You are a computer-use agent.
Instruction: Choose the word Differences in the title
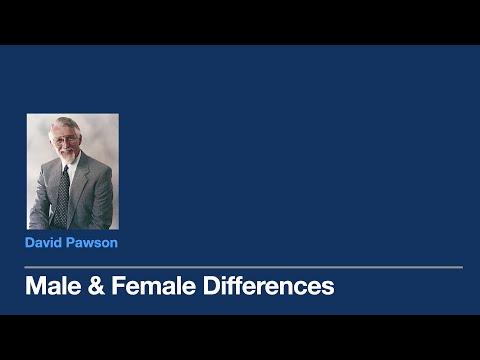click(267, 287)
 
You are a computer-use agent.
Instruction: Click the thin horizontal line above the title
click(244, 267)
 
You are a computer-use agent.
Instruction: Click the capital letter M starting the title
click(35, 287)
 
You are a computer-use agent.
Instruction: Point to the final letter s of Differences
click(328, 288)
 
